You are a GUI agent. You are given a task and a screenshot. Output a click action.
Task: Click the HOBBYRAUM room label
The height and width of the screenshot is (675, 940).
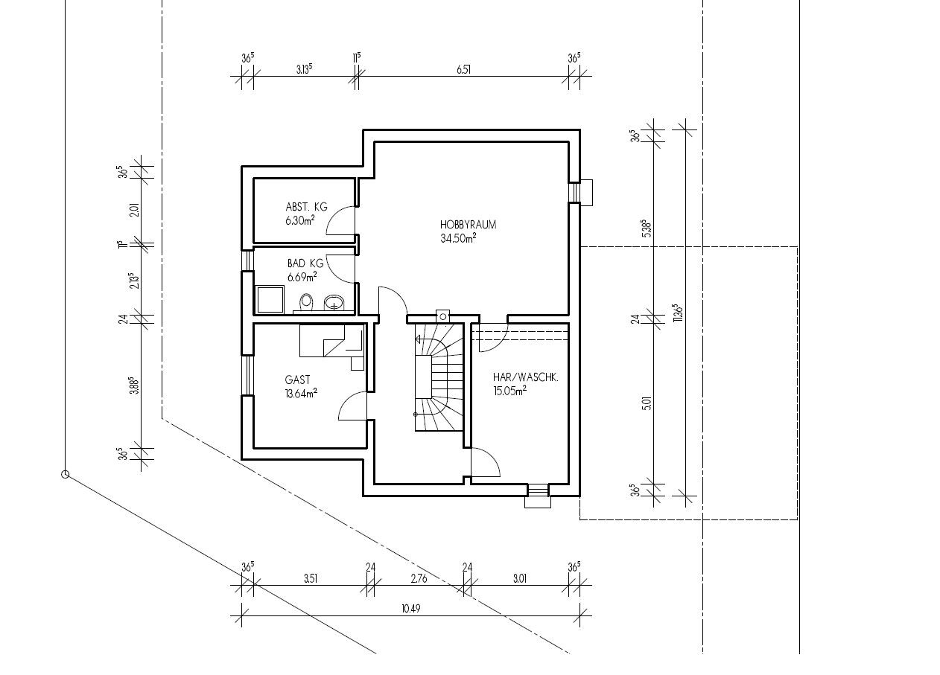[468, 225]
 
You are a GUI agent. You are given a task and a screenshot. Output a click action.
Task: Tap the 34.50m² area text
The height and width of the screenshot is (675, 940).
[458, 238]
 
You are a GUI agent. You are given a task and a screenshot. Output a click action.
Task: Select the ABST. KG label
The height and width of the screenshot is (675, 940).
[306, 207]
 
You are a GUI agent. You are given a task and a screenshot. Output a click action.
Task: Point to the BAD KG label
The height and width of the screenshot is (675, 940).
[305, 263]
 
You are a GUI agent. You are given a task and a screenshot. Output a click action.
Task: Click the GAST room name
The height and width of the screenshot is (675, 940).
[297, 380]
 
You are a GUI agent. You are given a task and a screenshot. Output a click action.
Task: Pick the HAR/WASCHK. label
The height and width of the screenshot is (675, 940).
[525, 377]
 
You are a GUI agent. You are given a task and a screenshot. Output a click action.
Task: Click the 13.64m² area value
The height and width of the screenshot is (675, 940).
[300, 393]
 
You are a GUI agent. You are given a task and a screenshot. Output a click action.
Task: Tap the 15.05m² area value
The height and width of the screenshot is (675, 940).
[509, 391]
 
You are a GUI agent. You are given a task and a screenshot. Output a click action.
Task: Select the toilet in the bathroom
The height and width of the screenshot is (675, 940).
[306, 302]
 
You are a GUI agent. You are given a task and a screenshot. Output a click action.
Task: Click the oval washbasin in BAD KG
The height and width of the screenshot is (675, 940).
[334, 303]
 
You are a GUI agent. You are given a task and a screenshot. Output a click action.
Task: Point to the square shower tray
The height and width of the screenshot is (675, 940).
[270, 299]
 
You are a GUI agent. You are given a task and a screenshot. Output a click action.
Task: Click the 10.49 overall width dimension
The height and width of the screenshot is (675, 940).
[411, 608]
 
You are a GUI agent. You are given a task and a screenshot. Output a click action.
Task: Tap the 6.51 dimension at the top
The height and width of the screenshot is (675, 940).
[463, 70]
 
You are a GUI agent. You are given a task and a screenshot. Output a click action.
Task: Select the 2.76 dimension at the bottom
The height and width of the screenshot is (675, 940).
[419, 578]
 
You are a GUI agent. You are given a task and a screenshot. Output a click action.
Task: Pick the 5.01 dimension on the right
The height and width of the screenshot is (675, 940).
[647, 403]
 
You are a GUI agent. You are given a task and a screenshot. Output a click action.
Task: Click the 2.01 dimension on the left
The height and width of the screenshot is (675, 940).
[135, 210]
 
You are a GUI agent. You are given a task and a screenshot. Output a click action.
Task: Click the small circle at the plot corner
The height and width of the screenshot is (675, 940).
[65, 475]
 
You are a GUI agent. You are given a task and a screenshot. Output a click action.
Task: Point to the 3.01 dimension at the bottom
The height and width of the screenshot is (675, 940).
[519, 578]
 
